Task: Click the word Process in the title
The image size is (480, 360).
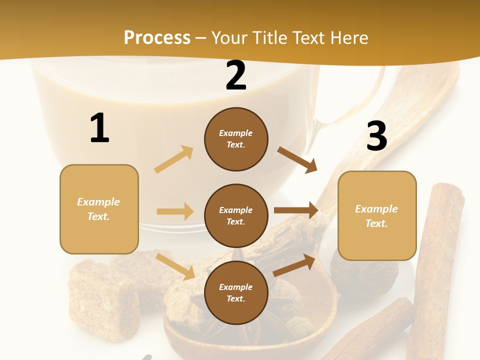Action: pos(157,37)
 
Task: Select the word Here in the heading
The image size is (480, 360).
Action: pos(348,37)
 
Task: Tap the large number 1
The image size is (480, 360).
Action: pos(99,128)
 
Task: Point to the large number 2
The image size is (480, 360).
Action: pos(236,75)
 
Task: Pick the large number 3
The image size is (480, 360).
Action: pos(376,136)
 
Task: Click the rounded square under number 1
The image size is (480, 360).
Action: pos(99,209)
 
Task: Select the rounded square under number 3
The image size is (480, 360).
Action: pos(377,216)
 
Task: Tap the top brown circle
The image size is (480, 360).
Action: pos(236,139)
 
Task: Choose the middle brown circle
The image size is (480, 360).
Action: pos(236,215)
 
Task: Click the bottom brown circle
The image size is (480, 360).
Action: pos(236,292)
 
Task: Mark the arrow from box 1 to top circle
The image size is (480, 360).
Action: pos(173,159)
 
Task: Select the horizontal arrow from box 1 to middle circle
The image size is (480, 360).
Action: pos(175,211)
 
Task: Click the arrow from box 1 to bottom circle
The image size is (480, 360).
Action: pos(175,266)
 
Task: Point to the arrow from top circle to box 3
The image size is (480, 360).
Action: pos(297,159)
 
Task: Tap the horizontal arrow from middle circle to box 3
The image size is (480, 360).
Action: pos(296,210)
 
